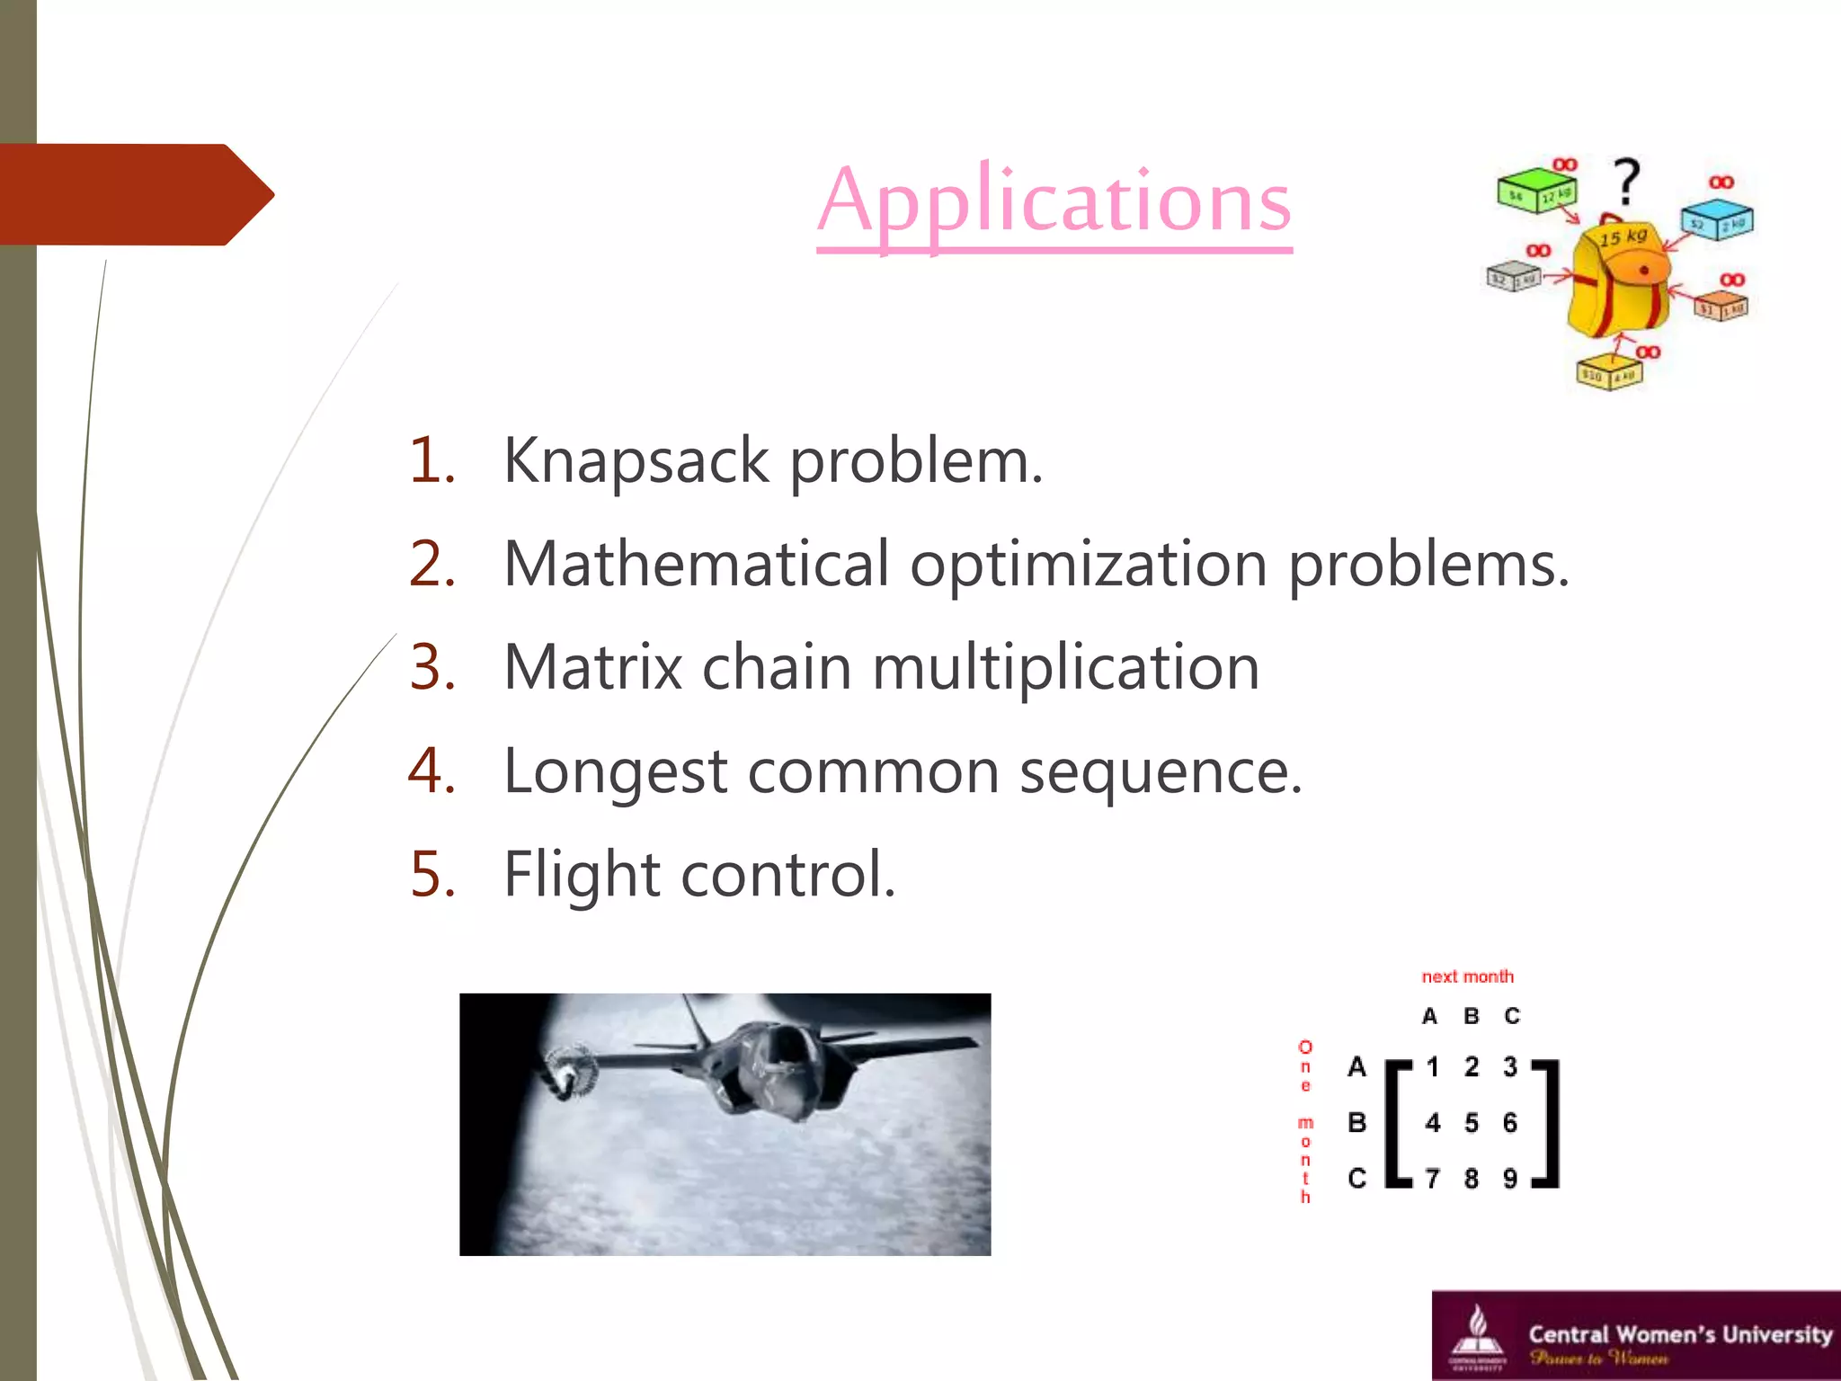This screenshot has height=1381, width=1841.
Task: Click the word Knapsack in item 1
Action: tap(636, 461)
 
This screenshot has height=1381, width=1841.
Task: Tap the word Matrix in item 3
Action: tap(593, 668)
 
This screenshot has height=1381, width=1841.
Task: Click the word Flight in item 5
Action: tap(582, 875)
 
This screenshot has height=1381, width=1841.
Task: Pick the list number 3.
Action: tap(432, 668)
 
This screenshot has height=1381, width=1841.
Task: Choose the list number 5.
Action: tap(432, 875)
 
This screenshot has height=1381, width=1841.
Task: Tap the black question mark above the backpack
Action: tap(1626, 181)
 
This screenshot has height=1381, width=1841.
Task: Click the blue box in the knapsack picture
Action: tap(1717, 219)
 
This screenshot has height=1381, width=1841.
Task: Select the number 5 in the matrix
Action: tap(1471, 1123)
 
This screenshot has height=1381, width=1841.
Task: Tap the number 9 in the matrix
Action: tap(1510, 1178)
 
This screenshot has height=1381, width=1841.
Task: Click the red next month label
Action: tap(1467, 976)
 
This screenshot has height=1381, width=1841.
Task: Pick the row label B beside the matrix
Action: tap(1356, 1123)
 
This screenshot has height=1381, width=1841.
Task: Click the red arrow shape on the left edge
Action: tap(135, 194)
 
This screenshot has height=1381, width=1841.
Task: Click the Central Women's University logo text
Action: tap(1679, 1334)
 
